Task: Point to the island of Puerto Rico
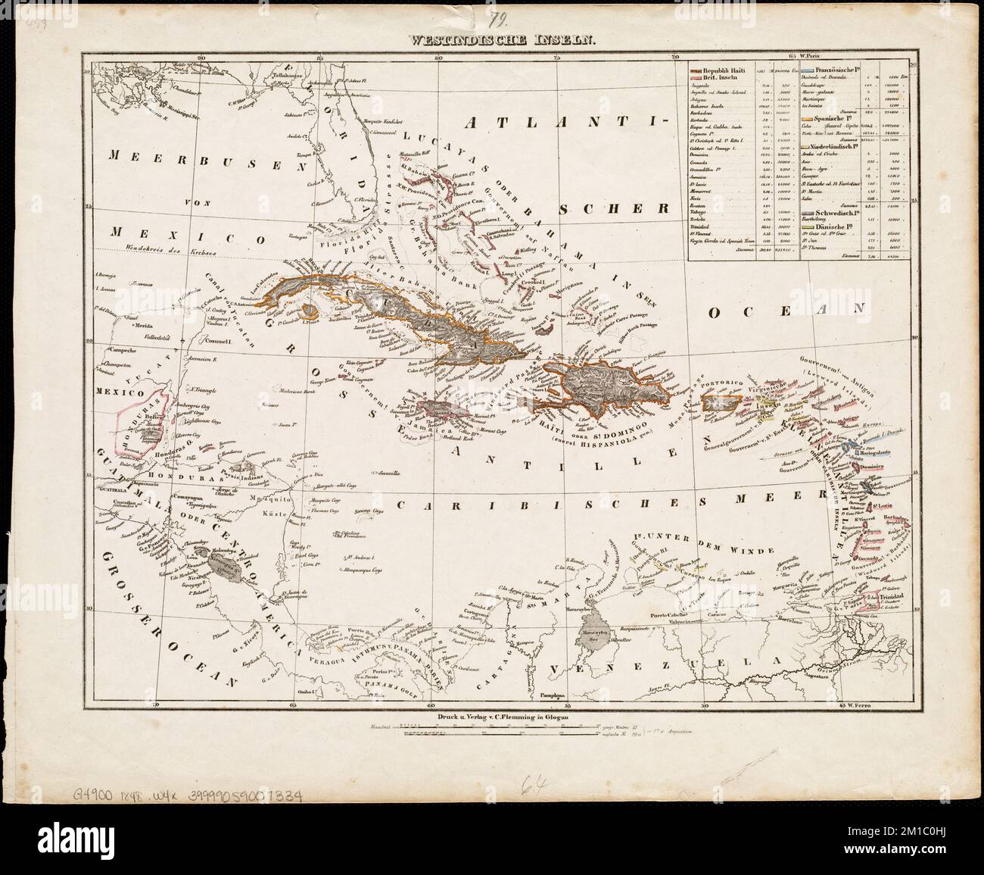click(x=718, y=403)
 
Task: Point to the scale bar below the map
click(x=492, y=732)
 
